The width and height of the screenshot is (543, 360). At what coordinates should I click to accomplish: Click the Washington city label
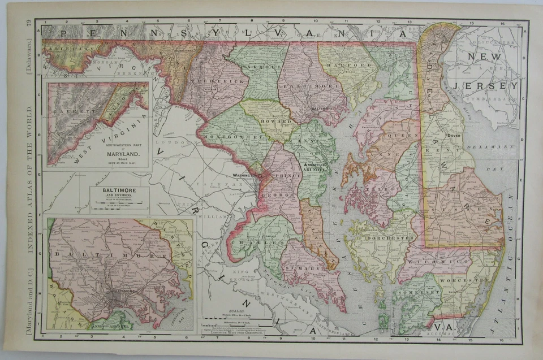click(x=245, y=176)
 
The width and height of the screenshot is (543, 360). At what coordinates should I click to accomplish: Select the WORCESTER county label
click(x=467, y=280)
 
